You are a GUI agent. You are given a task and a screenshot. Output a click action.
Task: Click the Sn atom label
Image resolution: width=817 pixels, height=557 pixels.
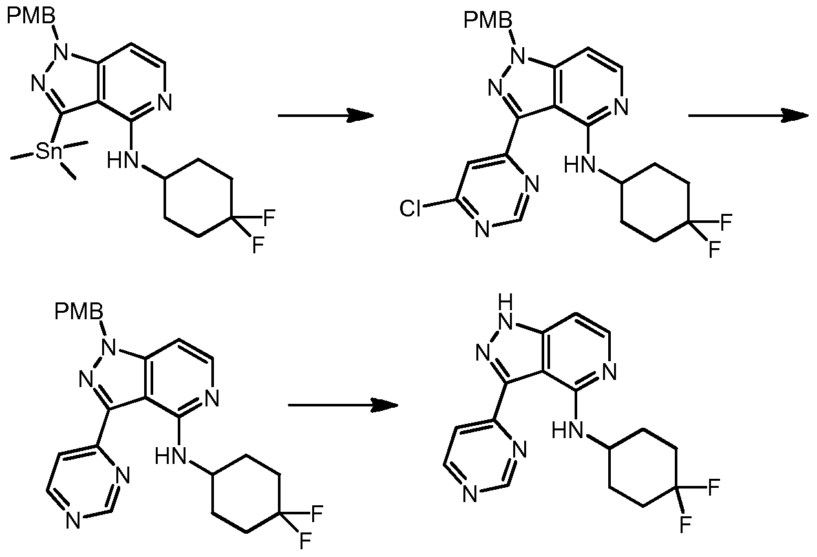coord(49,152)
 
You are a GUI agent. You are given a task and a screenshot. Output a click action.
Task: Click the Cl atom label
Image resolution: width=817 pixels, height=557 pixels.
coord(410,207)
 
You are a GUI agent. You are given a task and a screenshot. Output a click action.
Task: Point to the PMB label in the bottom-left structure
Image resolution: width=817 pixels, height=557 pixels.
coord(78,313)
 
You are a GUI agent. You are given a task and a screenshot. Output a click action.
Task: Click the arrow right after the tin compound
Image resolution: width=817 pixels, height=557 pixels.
coord(326,116)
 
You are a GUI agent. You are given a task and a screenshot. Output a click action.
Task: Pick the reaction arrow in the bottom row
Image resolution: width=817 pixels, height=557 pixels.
coord(342,405)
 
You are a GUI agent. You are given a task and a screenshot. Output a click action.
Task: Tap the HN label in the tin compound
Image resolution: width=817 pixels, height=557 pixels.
coord(122,160)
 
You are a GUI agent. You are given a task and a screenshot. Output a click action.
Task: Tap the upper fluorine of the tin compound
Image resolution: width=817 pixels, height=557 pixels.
coord(268,216)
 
